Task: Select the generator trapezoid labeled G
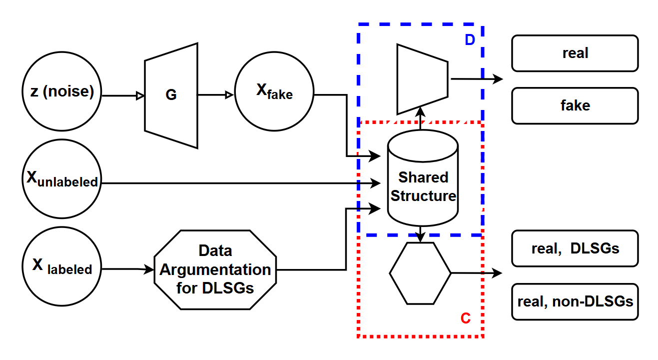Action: [x=171, y=95]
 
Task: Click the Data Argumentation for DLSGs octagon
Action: [x=215, y=270]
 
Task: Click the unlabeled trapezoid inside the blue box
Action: [x=422, y=79]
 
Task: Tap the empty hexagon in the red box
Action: [x=420, y=273]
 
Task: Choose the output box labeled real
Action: [x=575, y=53]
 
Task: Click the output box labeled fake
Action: [x=575, y=105]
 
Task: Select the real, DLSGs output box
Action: [x=575, y=248]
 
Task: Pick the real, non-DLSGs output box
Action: [x=575, y=301]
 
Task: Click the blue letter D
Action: [x=469, y=40]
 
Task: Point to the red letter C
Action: [x=465, y=318]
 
